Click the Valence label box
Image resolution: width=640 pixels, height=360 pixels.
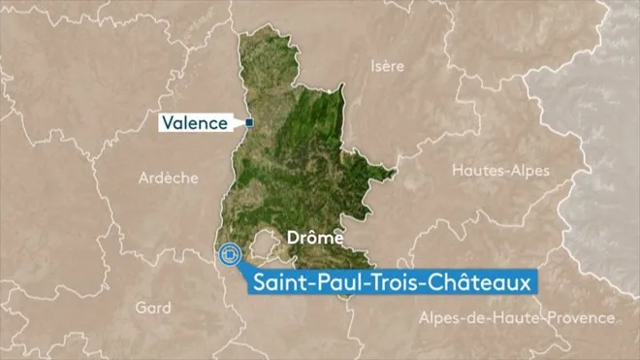pyautogui.click(x=195, y=123)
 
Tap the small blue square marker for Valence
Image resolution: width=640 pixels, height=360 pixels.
pyautogui.click(x=248, y=122)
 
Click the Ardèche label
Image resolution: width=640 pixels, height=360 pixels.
pyautogui.click(x=169, y=178)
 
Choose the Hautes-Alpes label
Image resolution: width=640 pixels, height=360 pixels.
pyautogui.click(x=500, y=170)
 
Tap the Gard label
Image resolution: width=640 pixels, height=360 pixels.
pyautogui.click(x=153, y=308)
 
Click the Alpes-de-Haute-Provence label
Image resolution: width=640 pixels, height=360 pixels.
pyautogui.click(x=516, y=318)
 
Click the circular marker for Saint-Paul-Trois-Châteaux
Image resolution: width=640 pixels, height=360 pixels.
pyautogui.click(x=230, y=255)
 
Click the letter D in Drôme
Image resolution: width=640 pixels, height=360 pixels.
pyautogui.click(x=292, y=237)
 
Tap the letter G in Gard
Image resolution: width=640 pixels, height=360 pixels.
pyautogui.click(x=141, y=308)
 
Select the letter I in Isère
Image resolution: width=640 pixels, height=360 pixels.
pyautogui.click(x=373, y=66)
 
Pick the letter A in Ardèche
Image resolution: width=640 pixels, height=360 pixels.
pyautogui.click(x=144, y=178)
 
